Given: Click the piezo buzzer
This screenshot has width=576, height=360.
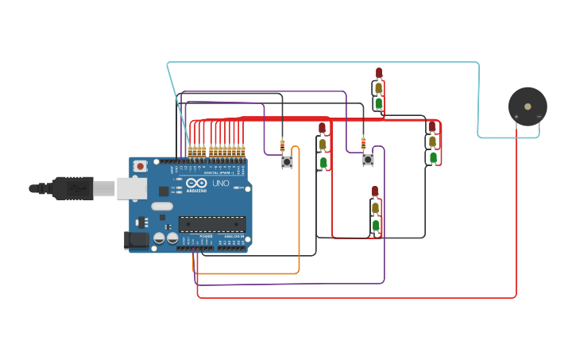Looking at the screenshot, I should [528, 106].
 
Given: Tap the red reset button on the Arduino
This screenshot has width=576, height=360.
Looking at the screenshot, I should [140, 166].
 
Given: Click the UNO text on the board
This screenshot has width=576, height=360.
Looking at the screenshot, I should [219, 184].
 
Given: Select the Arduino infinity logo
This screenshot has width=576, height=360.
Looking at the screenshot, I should [196, 184].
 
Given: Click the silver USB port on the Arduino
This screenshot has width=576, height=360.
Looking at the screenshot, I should [131, 188].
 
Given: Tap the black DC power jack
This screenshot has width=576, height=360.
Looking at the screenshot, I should [136, 239].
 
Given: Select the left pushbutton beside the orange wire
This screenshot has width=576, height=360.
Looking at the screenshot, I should [287, 161].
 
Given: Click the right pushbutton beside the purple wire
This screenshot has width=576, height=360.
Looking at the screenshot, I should [368, 160].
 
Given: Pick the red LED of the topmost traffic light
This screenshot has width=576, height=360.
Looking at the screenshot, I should [379, 74].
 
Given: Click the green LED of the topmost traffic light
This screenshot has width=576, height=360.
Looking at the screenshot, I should [379, 103].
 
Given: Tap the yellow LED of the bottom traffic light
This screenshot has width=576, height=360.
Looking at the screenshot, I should [375, 208].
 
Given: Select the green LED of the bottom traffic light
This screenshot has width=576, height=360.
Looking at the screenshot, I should [375, 226].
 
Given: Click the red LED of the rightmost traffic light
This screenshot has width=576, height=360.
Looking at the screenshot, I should [432, 126].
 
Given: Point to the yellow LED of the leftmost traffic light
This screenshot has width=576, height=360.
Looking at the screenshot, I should [322, 144].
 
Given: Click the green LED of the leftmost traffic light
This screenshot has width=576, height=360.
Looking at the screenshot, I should [323, 162].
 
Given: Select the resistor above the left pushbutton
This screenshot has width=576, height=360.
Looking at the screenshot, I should [282, 145].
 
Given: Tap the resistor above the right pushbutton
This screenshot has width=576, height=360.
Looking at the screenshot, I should [363, 144].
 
